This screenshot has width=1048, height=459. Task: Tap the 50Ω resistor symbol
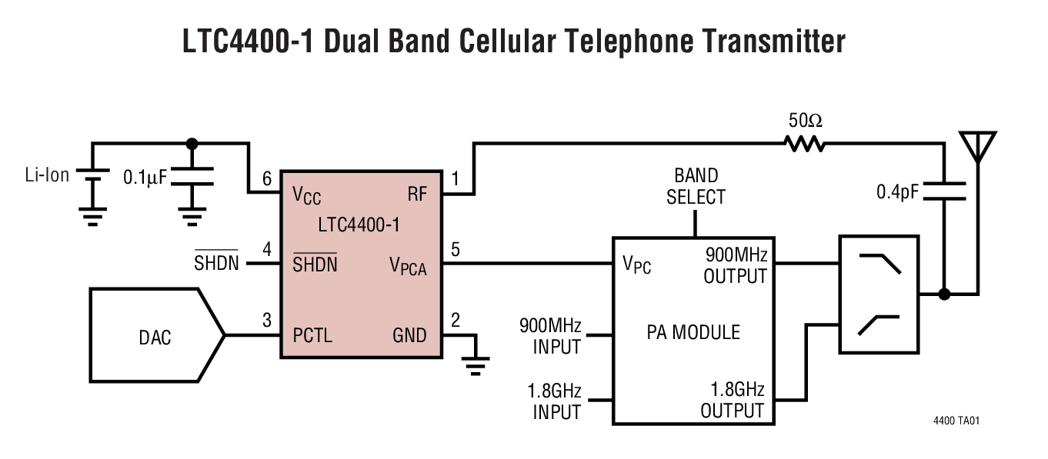pyautogui.click(x=804, y=143)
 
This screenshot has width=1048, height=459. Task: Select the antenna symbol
pyautogui.click(x=977, y=145)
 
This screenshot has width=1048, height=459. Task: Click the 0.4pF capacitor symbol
pyautogui.click(x=943, y=191)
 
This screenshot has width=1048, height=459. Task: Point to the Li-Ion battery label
pyautogui.click(x=47, y=175)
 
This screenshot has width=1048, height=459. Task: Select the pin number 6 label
pyautogui.click(x=267, y=178)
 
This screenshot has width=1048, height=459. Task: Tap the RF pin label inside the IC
pyautogui.click(x=417, y=195)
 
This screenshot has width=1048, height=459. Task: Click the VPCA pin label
pyautogui.click(x=408, y=266)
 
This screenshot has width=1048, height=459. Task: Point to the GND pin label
pyautogui.click(x=409, y=336)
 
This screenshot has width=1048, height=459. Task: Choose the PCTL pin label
pyautogui.click(x=312, y=336)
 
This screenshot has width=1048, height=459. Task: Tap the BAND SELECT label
pyautogui.click(x=696, y=187)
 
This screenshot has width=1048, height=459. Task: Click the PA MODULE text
pyautogui.click(x=693, y=332)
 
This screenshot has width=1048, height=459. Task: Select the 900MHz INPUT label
pyautogui.click(x=550, y=335)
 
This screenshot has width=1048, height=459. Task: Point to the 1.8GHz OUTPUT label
pyautogui.click(x=733, y=400)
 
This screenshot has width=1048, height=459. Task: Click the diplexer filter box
pyautogui.click(x=879, y=294)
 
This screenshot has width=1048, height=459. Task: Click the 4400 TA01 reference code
pyautogui.click(x=956, y=421)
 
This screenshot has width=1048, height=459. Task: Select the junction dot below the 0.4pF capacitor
pyautogui.click(x=944, y=294)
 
